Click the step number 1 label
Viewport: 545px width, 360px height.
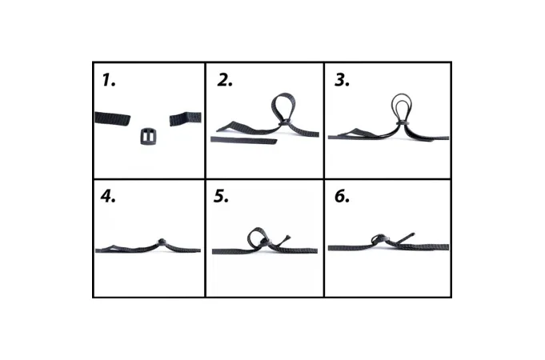tap(109, 80)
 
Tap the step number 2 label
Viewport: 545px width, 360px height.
tap(225, 80)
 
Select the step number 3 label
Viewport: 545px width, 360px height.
tap(342, 80)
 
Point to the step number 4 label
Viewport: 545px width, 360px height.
tap(108, 196)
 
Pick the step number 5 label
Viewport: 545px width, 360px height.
tap(221, 196)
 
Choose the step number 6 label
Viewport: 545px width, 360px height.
tap(342, 196)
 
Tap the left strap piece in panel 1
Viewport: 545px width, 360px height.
tap(112, 118)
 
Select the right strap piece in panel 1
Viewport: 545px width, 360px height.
tap(185, 118)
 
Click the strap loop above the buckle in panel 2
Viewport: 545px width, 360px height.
tap(273, 104)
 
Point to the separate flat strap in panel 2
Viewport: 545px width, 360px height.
tap(243, 140)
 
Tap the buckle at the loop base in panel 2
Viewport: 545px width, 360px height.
tap(285, 122)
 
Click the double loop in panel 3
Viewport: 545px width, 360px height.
tap(393, 104)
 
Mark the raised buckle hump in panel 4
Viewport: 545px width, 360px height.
tap(162, 242)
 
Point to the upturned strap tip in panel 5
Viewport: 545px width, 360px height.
tap(287, 238)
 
